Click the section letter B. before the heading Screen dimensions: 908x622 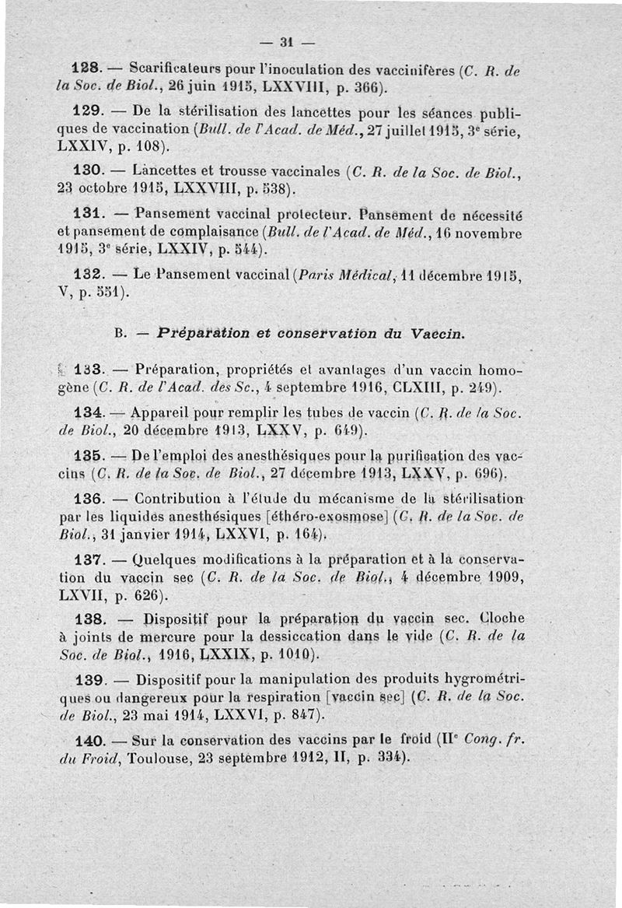tap(121, 335)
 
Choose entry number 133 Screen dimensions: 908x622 tap(89, 369)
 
